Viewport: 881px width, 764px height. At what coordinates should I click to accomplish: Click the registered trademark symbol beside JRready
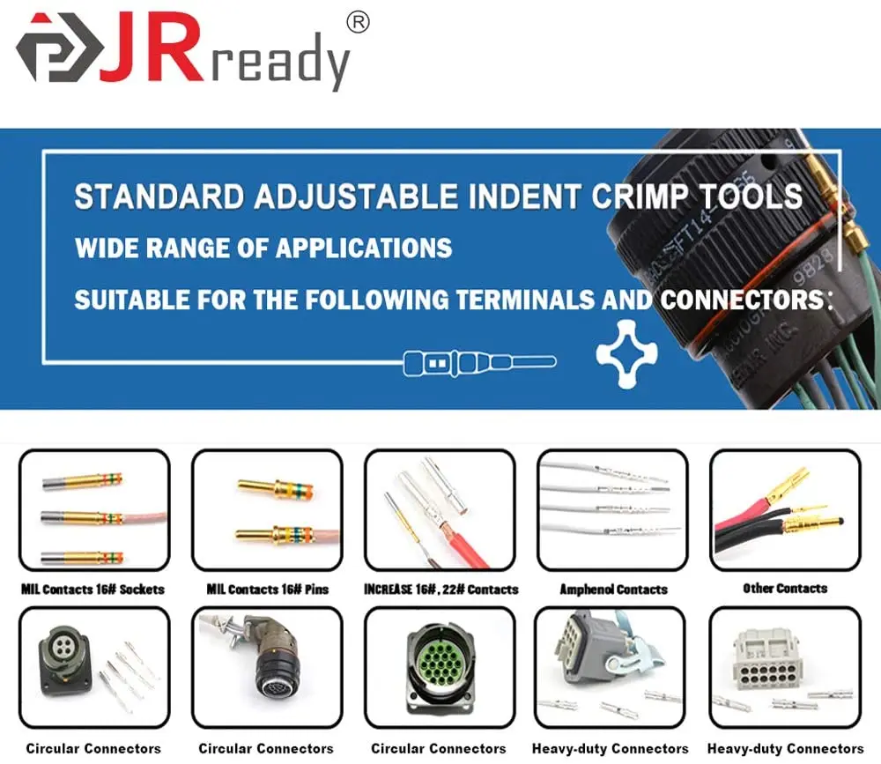coord(358,23)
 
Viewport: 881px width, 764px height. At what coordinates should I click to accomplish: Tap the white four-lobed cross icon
coord(626,353)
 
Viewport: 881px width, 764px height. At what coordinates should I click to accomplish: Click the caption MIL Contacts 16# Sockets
coord(93,589)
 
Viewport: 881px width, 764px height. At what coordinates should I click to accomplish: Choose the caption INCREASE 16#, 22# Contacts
coord(440,589)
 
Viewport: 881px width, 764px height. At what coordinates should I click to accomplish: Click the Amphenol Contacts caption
coord(613,589)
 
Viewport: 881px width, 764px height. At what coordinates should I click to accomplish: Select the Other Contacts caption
coord(785,588)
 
